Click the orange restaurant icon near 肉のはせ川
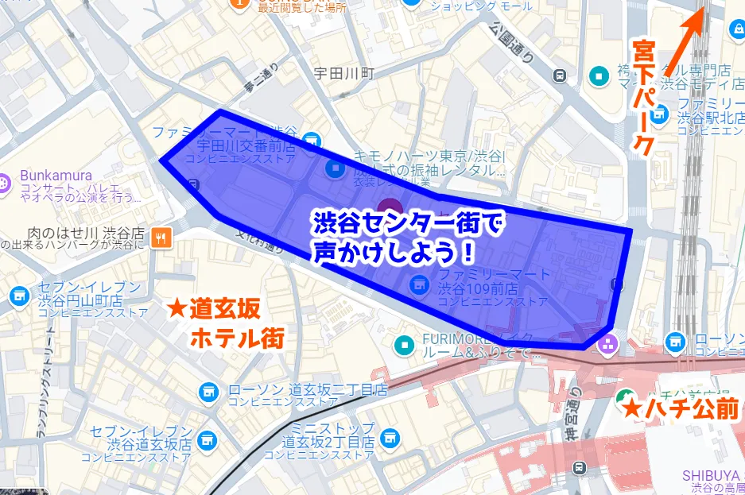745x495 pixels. (x=162, y=235)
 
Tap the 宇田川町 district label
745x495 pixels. (x=343, y=73)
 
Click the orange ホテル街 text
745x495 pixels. (x=237, y=338)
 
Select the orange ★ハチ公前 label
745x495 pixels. (x=680, y=408)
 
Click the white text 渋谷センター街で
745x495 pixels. (x=405, y=225)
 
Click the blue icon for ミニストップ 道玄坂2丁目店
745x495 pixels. (x=390, y=436)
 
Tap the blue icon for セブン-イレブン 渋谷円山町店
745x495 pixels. (x=18, y=296)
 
